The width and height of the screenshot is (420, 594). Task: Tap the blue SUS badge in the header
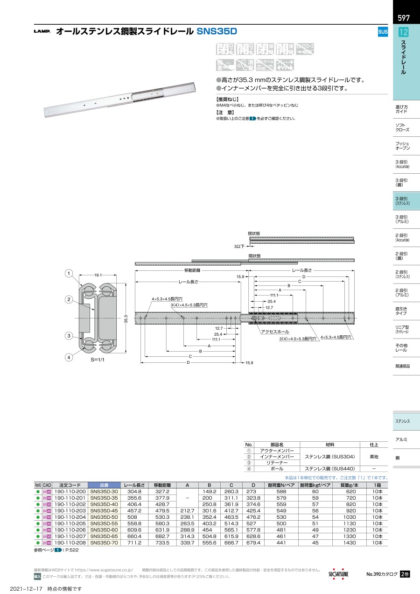(x=382, y=32)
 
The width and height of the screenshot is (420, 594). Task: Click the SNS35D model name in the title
(x=217, y=32)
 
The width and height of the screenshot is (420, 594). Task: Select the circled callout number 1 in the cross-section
(x=69, y=273)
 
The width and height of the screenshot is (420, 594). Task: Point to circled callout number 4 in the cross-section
(x=69, y=358)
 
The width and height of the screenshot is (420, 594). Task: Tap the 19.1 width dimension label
(x=98, y=276)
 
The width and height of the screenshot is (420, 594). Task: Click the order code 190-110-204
(x=70, y=517)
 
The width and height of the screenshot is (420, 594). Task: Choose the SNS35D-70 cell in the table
(x=104, y=544)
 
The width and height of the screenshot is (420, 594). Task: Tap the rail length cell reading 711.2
(x=134, y=544)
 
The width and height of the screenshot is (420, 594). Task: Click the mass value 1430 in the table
(x=351, y=544)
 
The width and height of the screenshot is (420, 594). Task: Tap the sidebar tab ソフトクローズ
(x=402, y=128)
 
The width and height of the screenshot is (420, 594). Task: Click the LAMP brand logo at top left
(x=42, y=32)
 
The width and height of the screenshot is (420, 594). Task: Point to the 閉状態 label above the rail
(x=254, y=233)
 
